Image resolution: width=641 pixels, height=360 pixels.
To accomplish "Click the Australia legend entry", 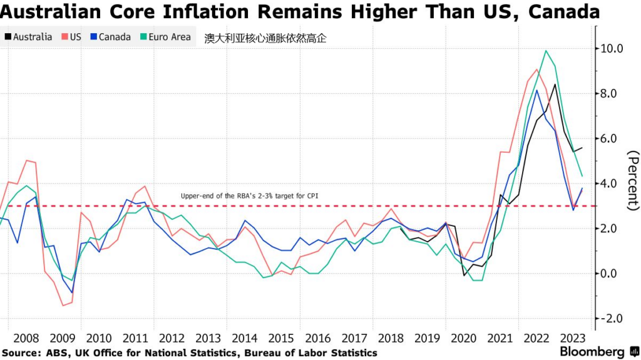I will pyautogui.click(x=28, y=37).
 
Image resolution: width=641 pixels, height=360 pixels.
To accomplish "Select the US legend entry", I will pyautogui.click(x=71, y=37).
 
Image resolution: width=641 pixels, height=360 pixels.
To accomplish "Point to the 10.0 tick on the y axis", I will pyautogui.click(x=612, y=48).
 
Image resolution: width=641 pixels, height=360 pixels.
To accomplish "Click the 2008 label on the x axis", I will pyautogui.click(x=26, y=339).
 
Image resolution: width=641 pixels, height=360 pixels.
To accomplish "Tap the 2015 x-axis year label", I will pyautogui.click(x=281, y=339).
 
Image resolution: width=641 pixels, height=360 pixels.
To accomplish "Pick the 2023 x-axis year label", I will pyautogui.click(x=572, y=339).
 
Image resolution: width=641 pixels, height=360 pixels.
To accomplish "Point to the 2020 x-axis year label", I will pyautogui.click(x=463, y=339).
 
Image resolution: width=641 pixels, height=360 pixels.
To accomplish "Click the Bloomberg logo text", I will pyautogui.click(x=592, y=351).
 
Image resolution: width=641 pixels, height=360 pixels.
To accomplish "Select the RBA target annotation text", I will pyautogui.click(x=249, y=196).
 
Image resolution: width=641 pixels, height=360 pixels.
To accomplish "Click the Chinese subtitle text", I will pyautogui.click(x=265, y=38).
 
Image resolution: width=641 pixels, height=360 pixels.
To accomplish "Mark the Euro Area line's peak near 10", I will pyautogui.click(x=546, y=51).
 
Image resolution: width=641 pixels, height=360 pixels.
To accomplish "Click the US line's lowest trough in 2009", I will pyautogui.click(x=63, y=306).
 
